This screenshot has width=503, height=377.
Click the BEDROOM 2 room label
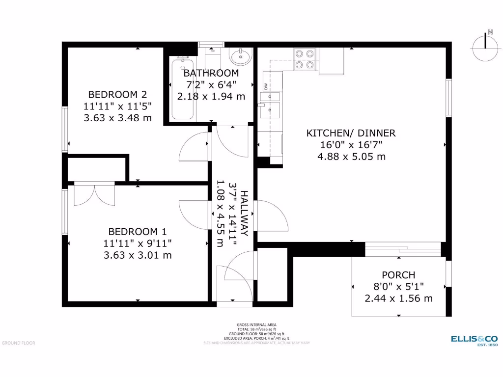(x=117, y=94)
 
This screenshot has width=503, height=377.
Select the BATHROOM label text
(x=211, y=73)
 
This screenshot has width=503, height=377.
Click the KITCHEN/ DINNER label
(x=351, y=133)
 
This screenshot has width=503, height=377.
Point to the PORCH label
(x=398, y=275)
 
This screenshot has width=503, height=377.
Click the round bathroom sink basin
(x=241, y=57)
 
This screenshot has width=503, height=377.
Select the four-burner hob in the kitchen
(x=304, y=59)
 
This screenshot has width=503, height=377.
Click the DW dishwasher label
(x=266, y=87)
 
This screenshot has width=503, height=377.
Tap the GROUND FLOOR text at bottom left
(x=19, y=343)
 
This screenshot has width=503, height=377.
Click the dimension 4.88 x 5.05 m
(x=351, y=157)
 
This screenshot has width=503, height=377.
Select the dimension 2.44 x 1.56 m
(x=398, y=298)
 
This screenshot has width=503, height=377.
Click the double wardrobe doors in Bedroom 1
(x=94, y=194)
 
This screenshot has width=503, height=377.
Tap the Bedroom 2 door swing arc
(x=193, y=147)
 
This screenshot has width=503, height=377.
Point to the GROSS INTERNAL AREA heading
(x=256, y=324)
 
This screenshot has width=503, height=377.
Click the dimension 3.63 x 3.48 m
(x=117, y=118)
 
